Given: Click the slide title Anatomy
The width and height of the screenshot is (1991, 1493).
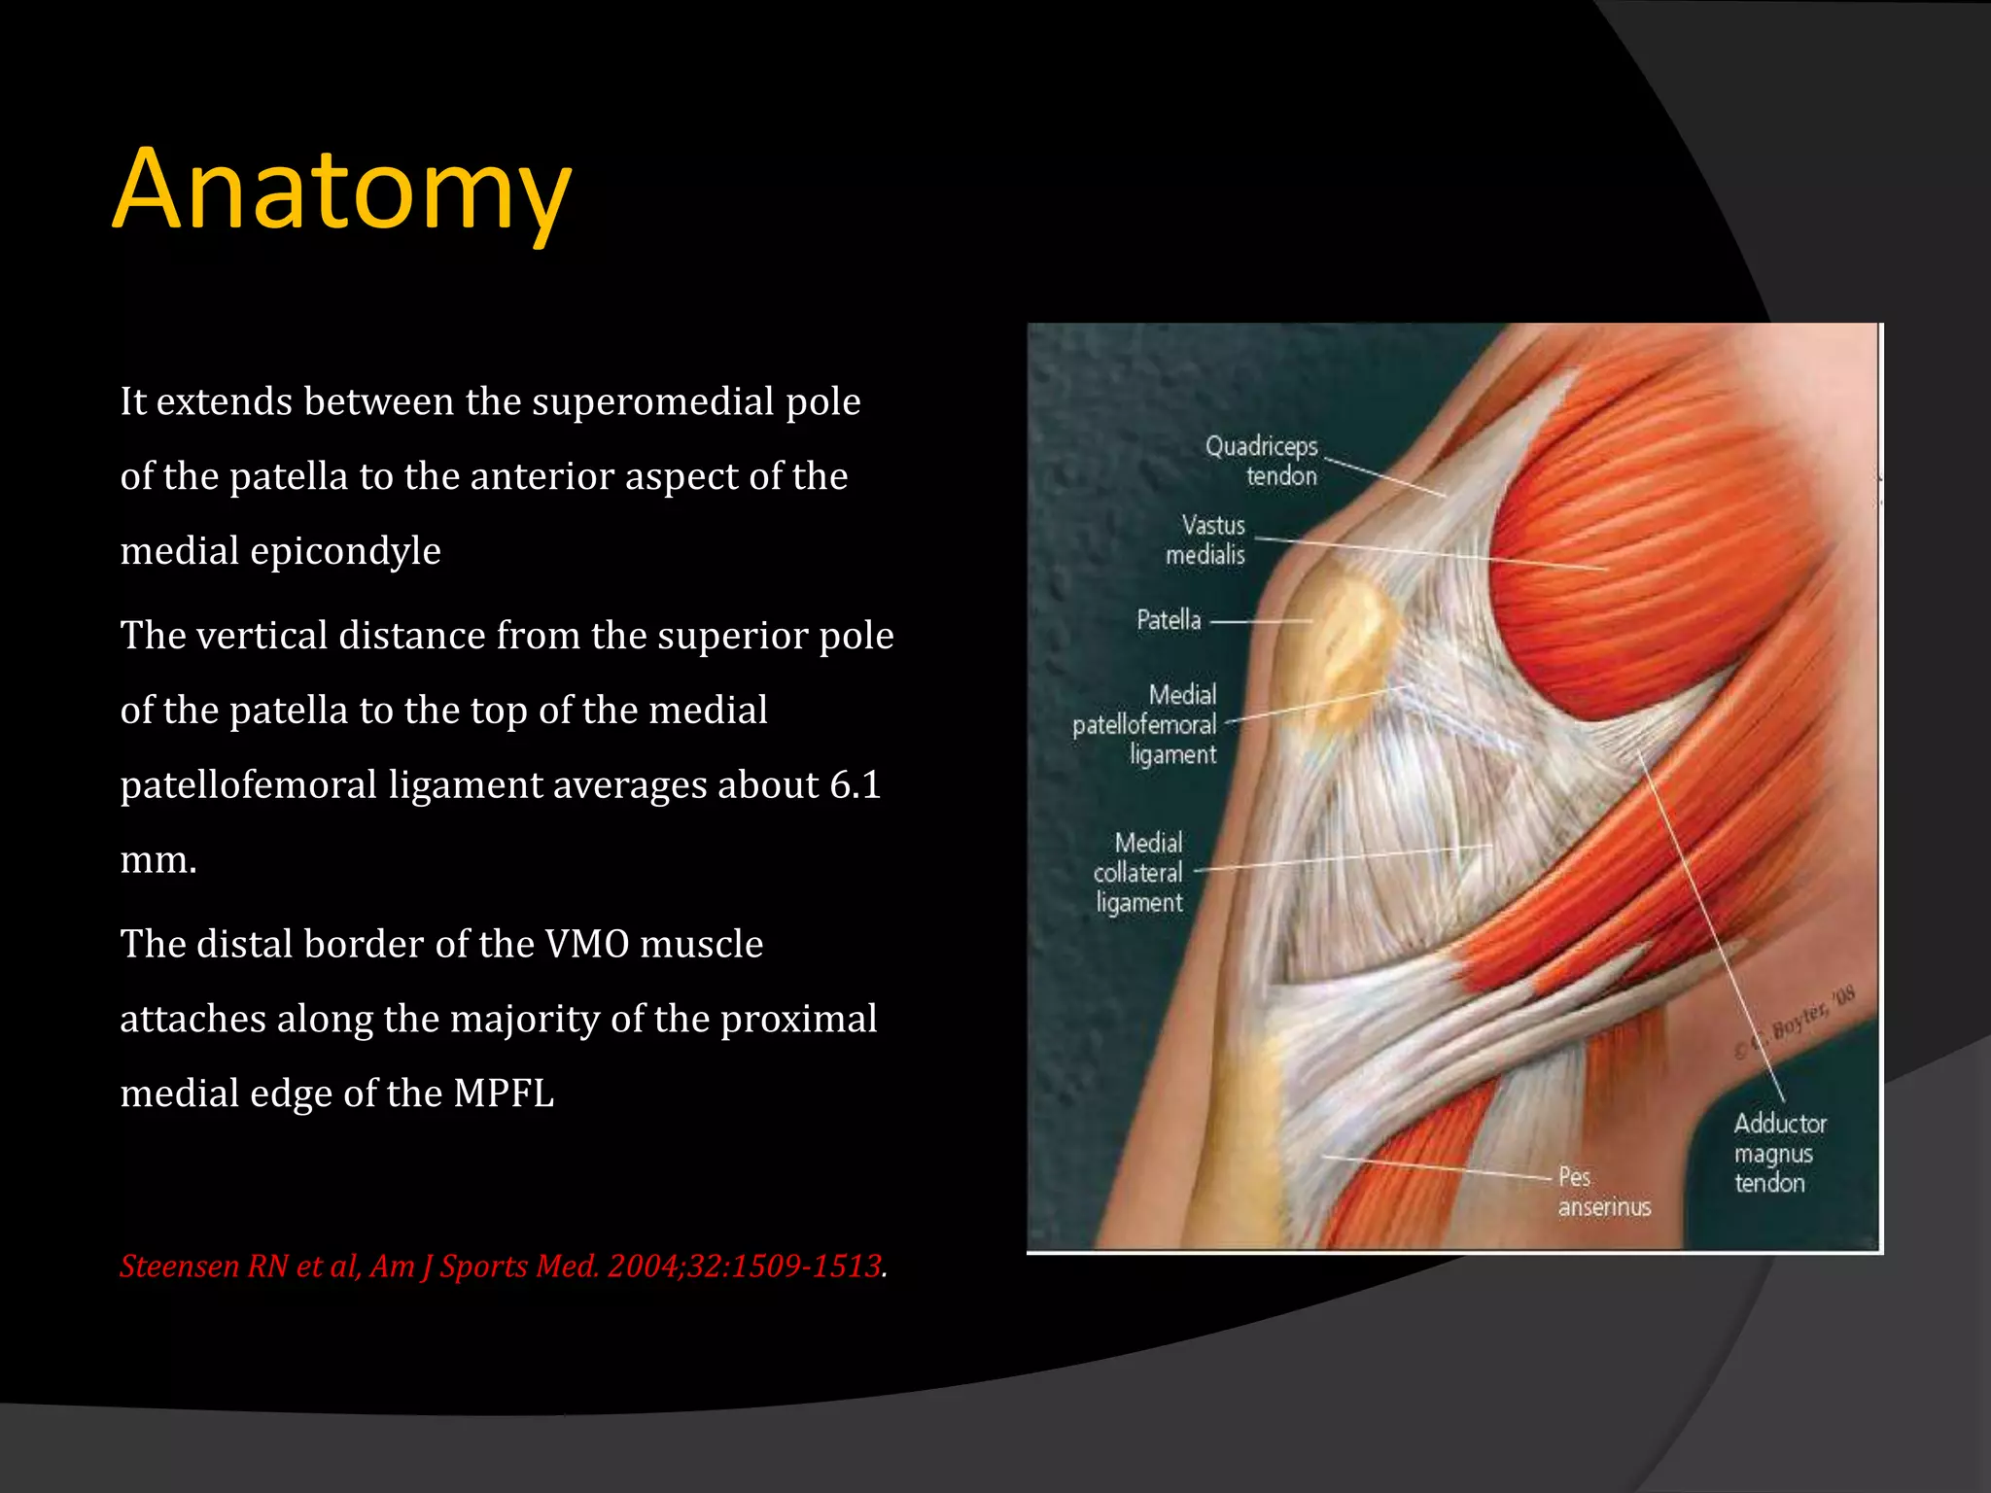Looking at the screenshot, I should [x=341, y=190].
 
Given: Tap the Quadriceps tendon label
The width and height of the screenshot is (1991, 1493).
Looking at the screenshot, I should [x=1263, y=461].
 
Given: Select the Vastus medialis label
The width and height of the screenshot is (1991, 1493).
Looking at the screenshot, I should [x=1206, y=539].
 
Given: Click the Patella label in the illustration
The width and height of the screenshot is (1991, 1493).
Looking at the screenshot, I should [x=1169, y=620].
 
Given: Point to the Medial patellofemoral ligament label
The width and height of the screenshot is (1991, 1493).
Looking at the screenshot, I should [x=1146, y=724].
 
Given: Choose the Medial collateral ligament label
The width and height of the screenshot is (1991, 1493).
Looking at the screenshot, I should [x=1138, y=872].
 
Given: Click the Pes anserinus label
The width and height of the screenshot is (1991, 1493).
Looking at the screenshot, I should [x=1603, y=1192].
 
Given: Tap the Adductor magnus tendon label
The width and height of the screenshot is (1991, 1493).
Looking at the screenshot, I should [x=1779, y=1153].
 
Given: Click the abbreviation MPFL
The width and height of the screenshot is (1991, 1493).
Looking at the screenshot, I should [x=504, y=1094].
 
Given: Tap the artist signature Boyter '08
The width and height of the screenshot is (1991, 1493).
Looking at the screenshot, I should [x=1805, y=1016].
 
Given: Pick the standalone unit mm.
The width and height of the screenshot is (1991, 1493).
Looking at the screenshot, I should [x=158, y=860].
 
